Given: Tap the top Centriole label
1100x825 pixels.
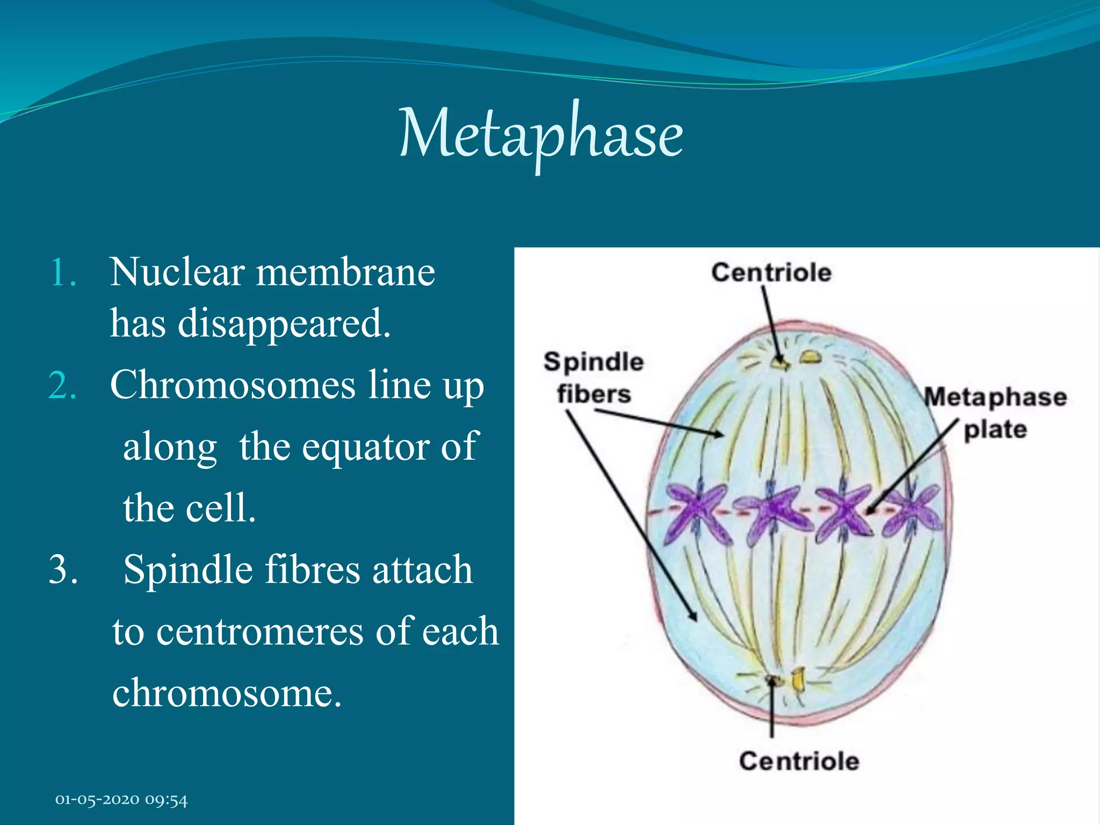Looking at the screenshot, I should (771, 272).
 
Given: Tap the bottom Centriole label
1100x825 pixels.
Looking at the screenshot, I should (799, 761).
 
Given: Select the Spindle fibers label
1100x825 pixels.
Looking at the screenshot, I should (594, 378).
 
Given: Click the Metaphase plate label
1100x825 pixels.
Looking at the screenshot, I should (995, 412).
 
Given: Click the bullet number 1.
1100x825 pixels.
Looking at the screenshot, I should (63, 273).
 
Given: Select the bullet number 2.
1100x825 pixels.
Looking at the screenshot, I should (63, 386).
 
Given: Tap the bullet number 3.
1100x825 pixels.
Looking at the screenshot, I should (63, 569).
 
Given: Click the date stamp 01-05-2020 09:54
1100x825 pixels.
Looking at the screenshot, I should (121, 800).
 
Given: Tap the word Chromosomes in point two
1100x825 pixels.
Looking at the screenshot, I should (232, 385).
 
